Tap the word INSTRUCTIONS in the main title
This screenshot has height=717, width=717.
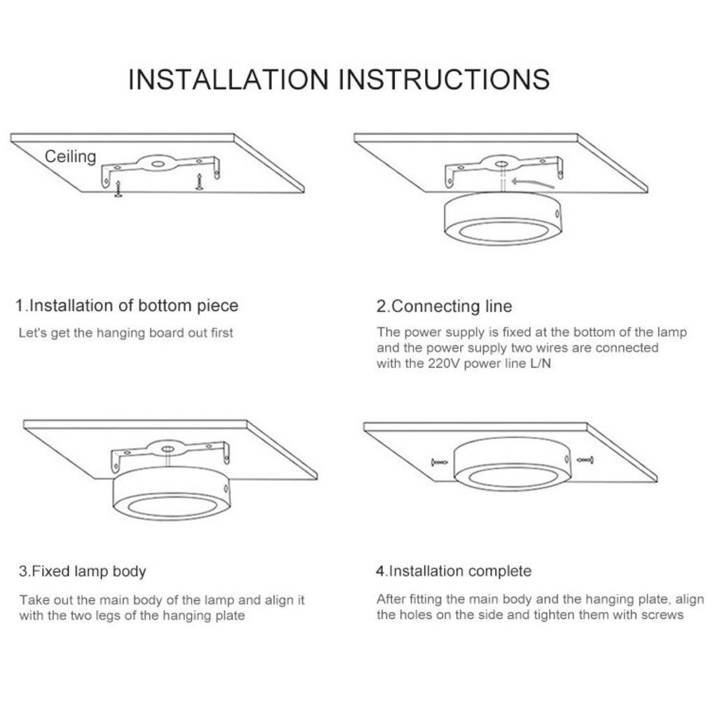(x=444, y=79)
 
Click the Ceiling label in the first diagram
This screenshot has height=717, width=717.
(x=71, y=156)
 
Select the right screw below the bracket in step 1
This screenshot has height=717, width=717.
(x=199, y=182)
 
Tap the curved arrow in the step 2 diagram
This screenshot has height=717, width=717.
(x=533, y=183)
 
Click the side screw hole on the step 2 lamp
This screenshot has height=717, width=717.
(x=557, y=214)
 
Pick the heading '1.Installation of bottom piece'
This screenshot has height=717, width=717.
(x=127, y=306)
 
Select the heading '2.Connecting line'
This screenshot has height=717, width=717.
(x=444, y=307)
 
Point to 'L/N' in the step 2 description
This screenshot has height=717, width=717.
(x=541, y=363)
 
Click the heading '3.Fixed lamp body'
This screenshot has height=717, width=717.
(x=83, y=571)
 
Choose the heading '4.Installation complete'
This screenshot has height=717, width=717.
(x=454, y=571)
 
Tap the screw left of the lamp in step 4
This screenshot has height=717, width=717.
(x=440, y=463)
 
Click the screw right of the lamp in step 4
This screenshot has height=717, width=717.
(x=585, y=460)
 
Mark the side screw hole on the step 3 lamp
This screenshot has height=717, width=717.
(x=225, y=489)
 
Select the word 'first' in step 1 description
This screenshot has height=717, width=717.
(x=222, y=333)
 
